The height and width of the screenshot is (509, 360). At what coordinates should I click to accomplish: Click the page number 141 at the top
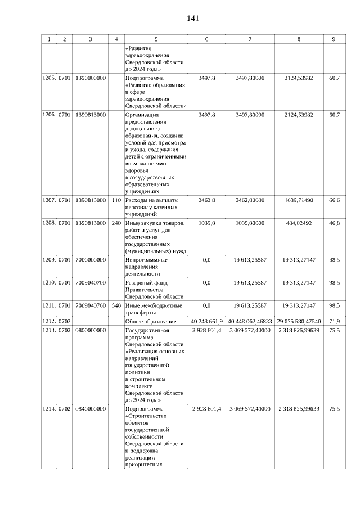coord(192,18)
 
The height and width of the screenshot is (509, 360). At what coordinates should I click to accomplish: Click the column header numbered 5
coord(156,39)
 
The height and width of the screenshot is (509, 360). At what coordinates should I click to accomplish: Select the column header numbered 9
coord(334,39)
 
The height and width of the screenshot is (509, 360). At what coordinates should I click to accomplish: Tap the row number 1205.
coord(49,78)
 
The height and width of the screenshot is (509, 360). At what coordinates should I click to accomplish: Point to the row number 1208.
coord(49,223)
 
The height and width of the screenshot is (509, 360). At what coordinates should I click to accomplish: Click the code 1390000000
coord(91,78)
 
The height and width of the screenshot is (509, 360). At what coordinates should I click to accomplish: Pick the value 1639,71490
coord(299,201)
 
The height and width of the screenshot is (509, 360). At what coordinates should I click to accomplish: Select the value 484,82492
coord(299,223)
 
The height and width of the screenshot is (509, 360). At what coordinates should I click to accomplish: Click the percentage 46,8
coord(334,223)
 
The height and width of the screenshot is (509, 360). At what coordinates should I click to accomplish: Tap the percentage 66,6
coord(334,201)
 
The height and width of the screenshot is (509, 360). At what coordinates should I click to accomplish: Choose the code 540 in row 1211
coord(116,305)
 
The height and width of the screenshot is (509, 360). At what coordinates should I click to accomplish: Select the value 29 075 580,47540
coord(299,321)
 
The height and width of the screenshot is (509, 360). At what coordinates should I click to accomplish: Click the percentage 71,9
coord(334,321)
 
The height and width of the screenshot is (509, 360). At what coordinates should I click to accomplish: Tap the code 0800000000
coord(91,330)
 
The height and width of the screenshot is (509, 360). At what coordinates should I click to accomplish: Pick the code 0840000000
coord(91,409)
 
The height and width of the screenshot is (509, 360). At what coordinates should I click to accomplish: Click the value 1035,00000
coord(250,223)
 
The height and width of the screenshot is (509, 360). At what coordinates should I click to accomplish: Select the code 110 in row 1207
coord(116,201)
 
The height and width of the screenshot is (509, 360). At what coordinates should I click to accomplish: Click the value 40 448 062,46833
coord(250,321)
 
